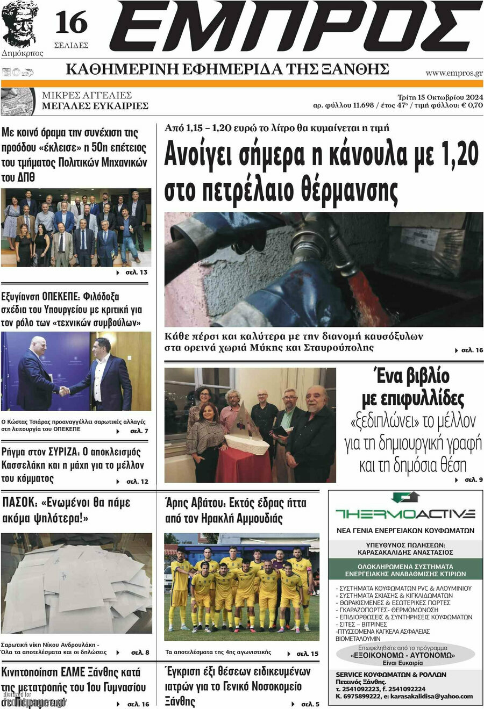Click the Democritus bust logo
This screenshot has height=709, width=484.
coord(20,25)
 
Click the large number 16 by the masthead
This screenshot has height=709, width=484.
coord(71,23)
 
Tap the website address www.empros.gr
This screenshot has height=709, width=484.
coord(454,73)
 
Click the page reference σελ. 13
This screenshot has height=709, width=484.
coord(136,273)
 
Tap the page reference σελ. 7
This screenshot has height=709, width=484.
coord(139,431)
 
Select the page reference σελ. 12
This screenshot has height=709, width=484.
coord(137,481)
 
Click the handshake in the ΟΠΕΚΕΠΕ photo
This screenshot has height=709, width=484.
coord(64,391)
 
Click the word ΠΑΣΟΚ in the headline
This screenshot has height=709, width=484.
coord(19,503)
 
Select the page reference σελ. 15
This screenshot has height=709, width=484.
coord(308,654)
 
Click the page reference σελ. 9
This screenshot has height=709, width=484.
coord(473,479)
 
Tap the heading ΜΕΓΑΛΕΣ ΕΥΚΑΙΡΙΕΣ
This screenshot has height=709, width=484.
coord(95,106)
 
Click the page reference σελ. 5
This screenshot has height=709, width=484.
coord(310,704)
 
